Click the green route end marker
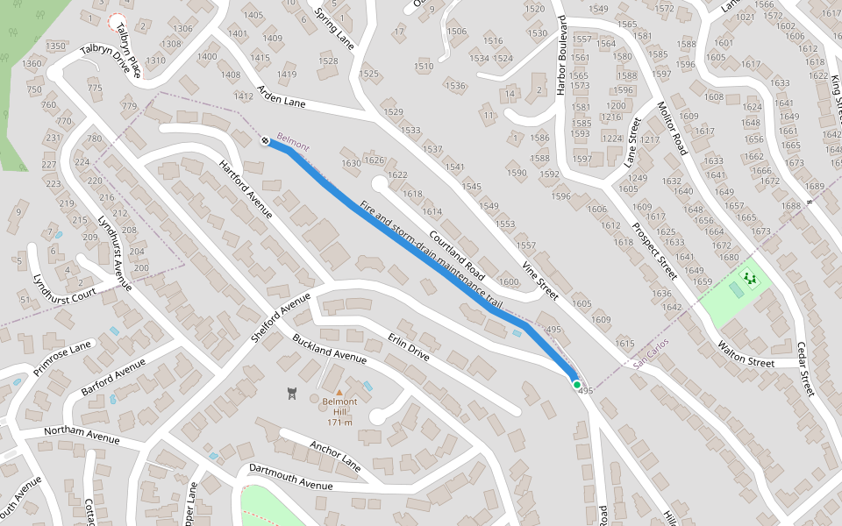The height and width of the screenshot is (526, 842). point(576,384)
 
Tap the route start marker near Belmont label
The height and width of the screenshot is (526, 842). point(265,140)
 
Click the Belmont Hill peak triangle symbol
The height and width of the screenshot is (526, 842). point(339,392)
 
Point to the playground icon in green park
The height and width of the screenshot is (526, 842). point(749,280)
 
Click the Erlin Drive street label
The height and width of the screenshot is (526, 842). point(409,345)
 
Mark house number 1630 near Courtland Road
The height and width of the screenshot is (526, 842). point(352,163)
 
